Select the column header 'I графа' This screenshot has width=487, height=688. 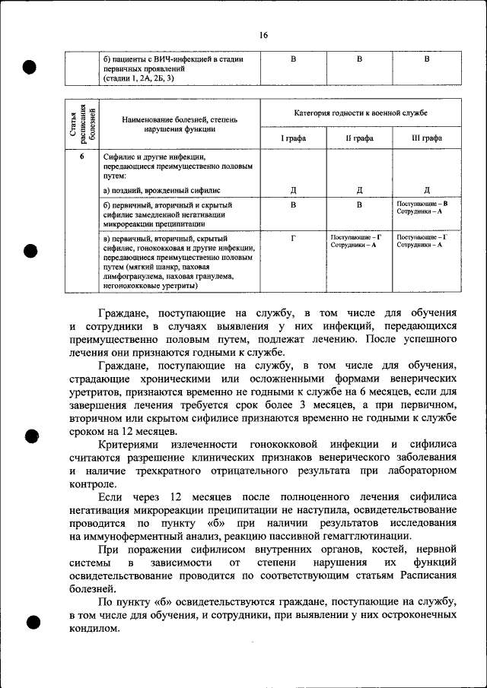[x=293, y=138]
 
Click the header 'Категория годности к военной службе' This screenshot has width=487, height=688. [x=360, y=113]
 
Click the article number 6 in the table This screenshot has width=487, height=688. [x=82, y=157]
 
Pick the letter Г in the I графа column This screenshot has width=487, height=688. [x=293, y=237]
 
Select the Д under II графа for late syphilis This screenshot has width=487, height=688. [x=359, y=190]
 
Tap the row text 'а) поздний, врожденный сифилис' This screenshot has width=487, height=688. [x=161, y=190]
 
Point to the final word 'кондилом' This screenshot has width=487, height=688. [x=94, y=629]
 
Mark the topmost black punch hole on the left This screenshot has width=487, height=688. [x=31, y=67]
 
